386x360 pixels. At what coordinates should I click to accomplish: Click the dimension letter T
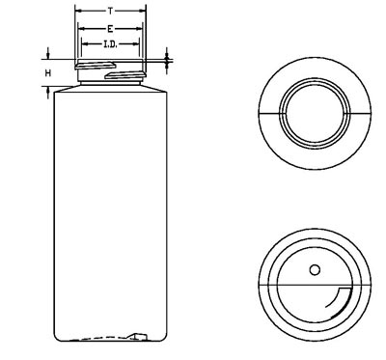[x=110, y=12]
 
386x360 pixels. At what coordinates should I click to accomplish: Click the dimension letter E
[x=110, y=29]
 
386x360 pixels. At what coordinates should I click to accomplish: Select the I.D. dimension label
[x=110, y=44]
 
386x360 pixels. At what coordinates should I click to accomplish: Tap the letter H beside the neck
[x=48, y=73]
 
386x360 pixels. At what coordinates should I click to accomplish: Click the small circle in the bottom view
[x=315, y=269]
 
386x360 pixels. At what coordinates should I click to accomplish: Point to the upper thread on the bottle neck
[x=96, y=66]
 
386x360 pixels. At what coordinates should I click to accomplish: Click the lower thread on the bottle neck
[x=124, y=75]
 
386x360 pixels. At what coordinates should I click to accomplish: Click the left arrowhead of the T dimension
[x=77, y=12]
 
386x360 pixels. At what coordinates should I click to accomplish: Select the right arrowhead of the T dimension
[x=143, y=12]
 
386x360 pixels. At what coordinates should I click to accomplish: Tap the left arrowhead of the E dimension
[x=81, y=29]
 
